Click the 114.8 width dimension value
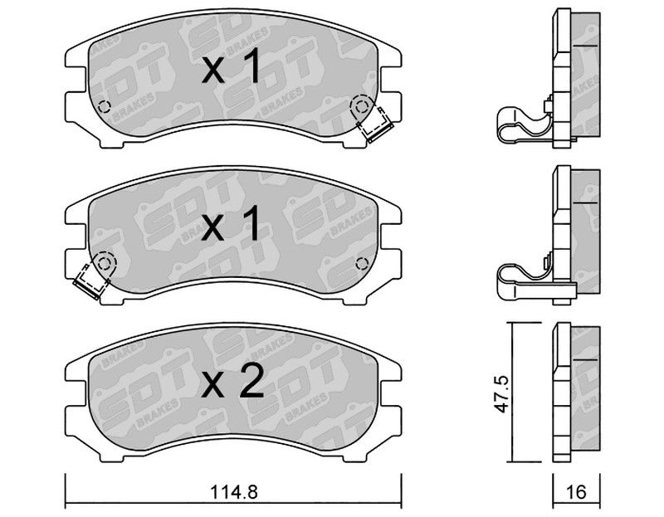234,492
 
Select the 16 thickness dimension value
576,492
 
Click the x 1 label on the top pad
232,66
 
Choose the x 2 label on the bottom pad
232,382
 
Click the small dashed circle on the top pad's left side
104,107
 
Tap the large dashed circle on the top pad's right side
361,106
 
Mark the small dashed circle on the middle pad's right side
362,263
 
